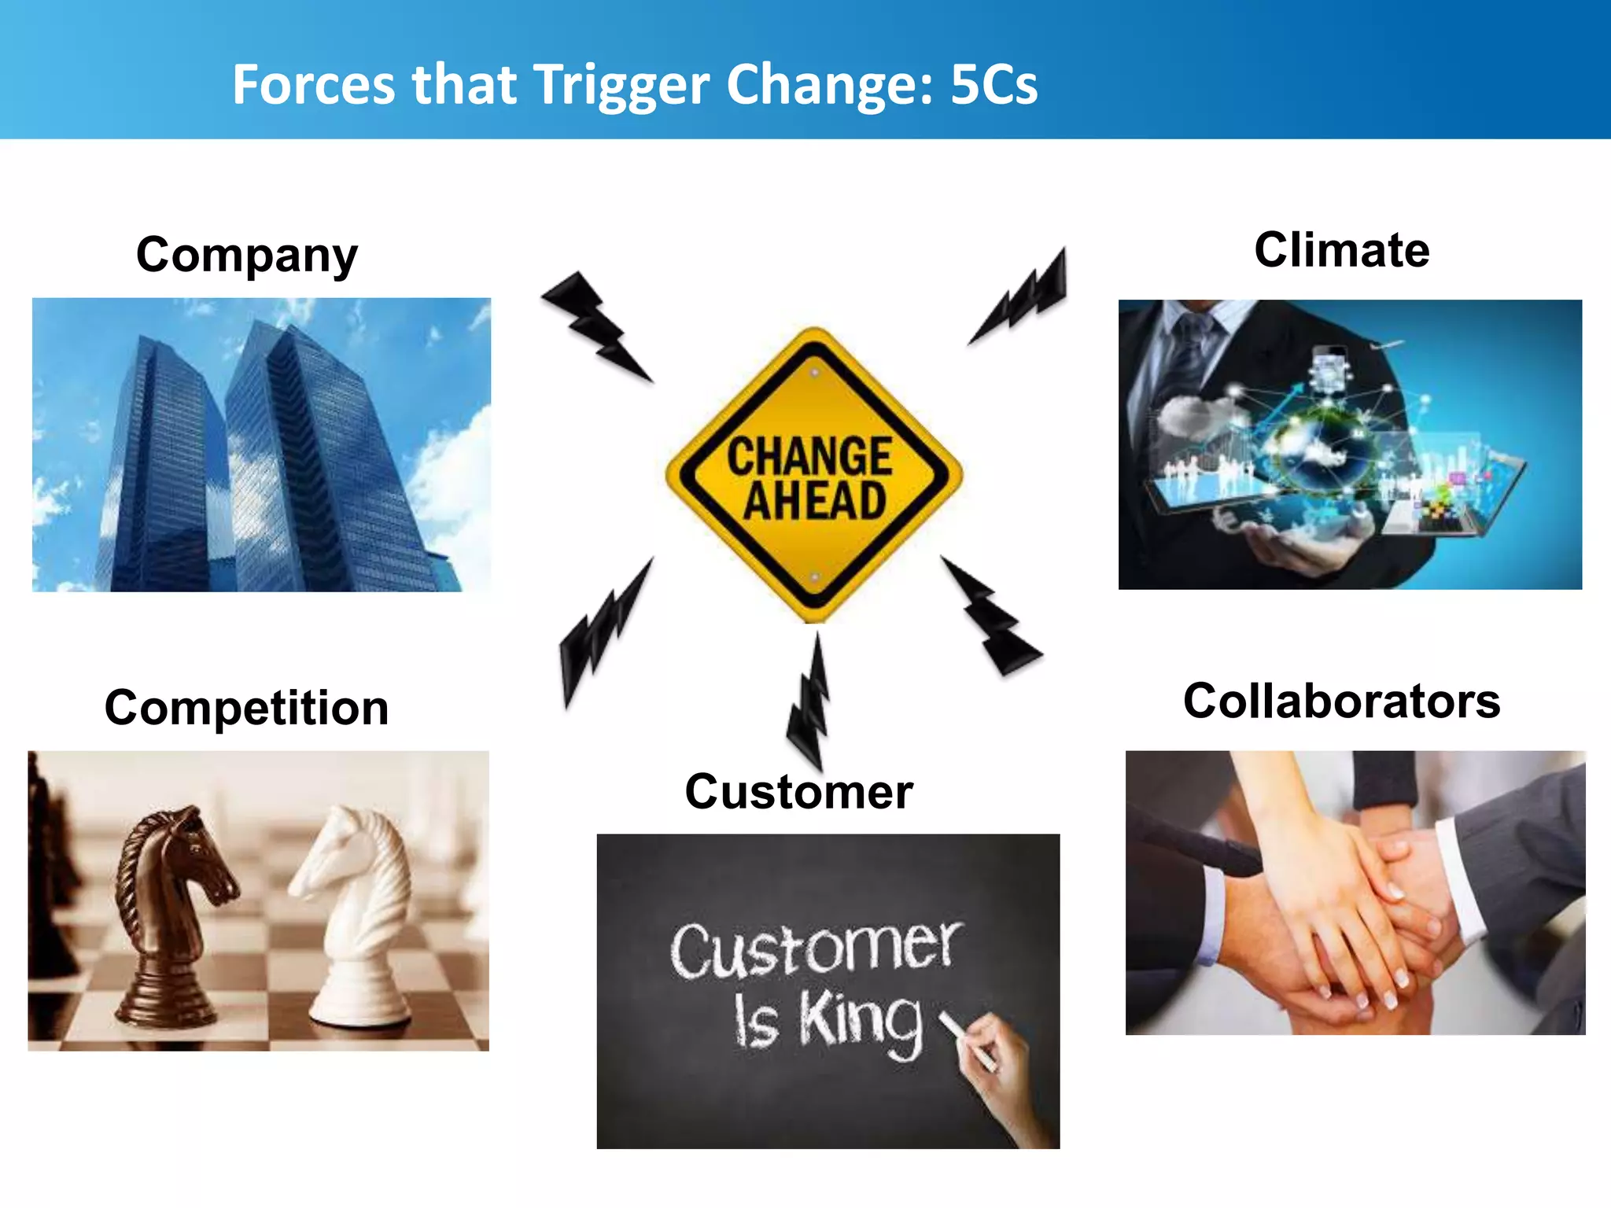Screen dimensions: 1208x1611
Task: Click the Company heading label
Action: pyautogui.click(x=246, y=256)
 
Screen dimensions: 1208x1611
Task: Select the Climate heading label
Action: pyautogui.click(x=1341, y=250)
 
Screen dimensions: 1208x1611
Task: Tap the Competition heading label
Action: pyautogui.click(x=246, y=708)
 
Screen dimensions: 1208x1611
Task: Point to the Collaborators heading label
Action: pyautogui.click(x=1341, y=701)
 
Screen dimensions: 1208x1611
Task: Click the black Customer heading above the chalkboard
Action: pyautogui.click(x=798, y=791)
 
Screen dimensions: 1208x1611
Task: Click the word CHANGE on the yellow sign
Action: pyautogui.click(x=809, y=456)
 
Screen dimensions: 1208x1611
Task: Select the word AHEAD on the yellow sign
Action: pyautogui.click(x=815, y=502)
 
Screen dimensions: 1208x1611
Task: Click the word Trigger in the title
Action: pyautogui.click(x=621, y=85)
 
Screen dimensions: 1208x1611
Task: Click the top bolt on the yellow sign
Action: pyautogui.click(x=815, y=373)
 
